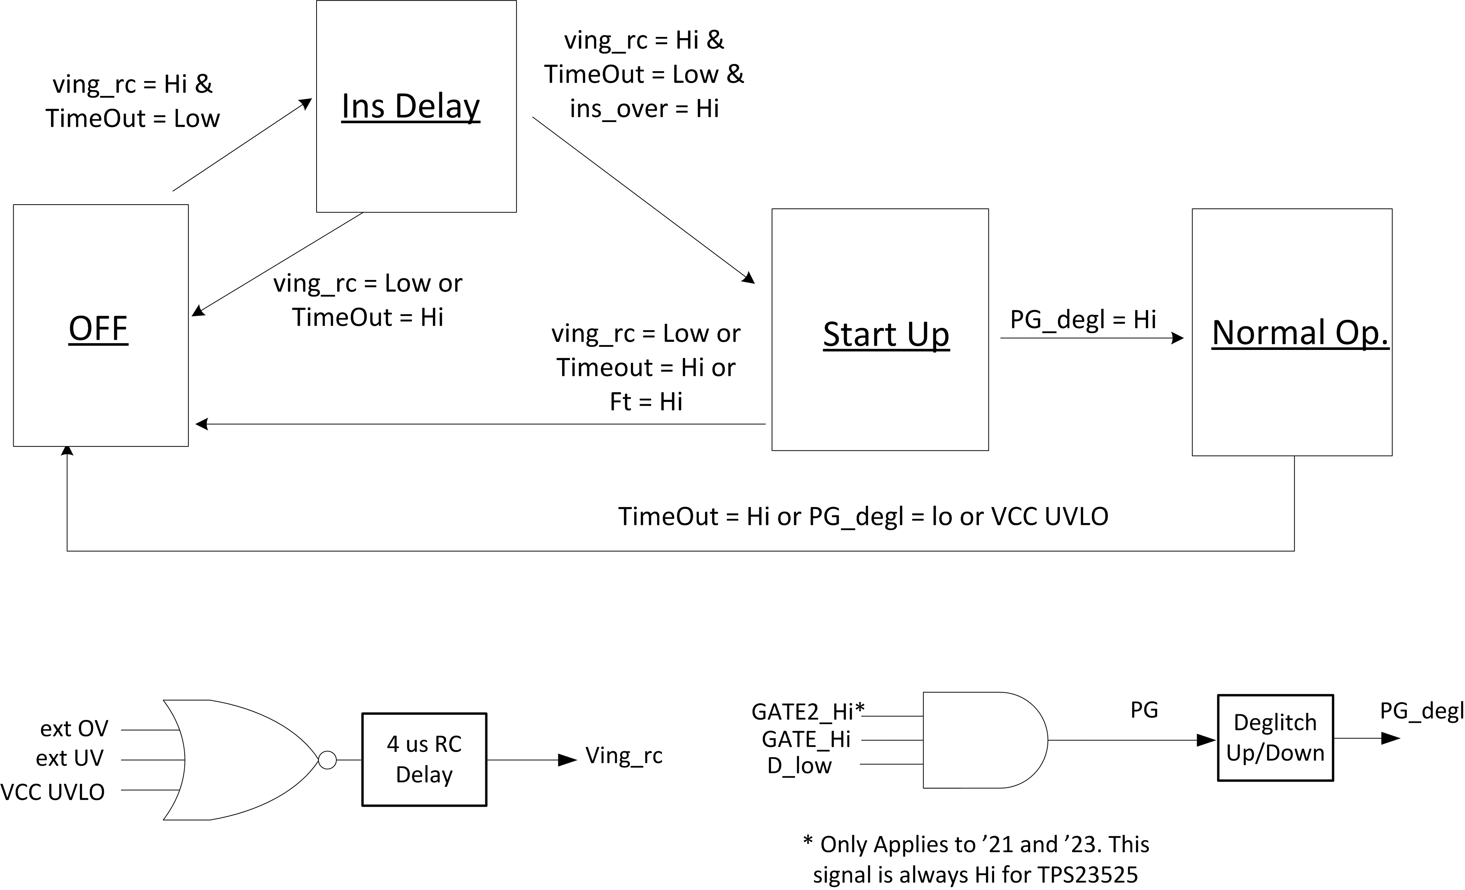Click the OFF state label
(x=98, y=328)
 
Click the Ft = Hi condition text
(x=646, y=402)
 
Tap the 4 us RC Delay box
(x=424, y=760)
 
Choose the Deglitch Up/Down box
(x=1275, y=738)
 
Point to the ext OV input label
(x=74, y=729)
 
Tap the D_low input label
(x=799, y=766)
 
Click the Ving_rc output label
(x=624, y=755)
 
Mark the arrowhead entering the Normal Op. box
(x=1177, y=338)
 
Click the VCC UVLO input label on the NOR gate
(x=53, y=792)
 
